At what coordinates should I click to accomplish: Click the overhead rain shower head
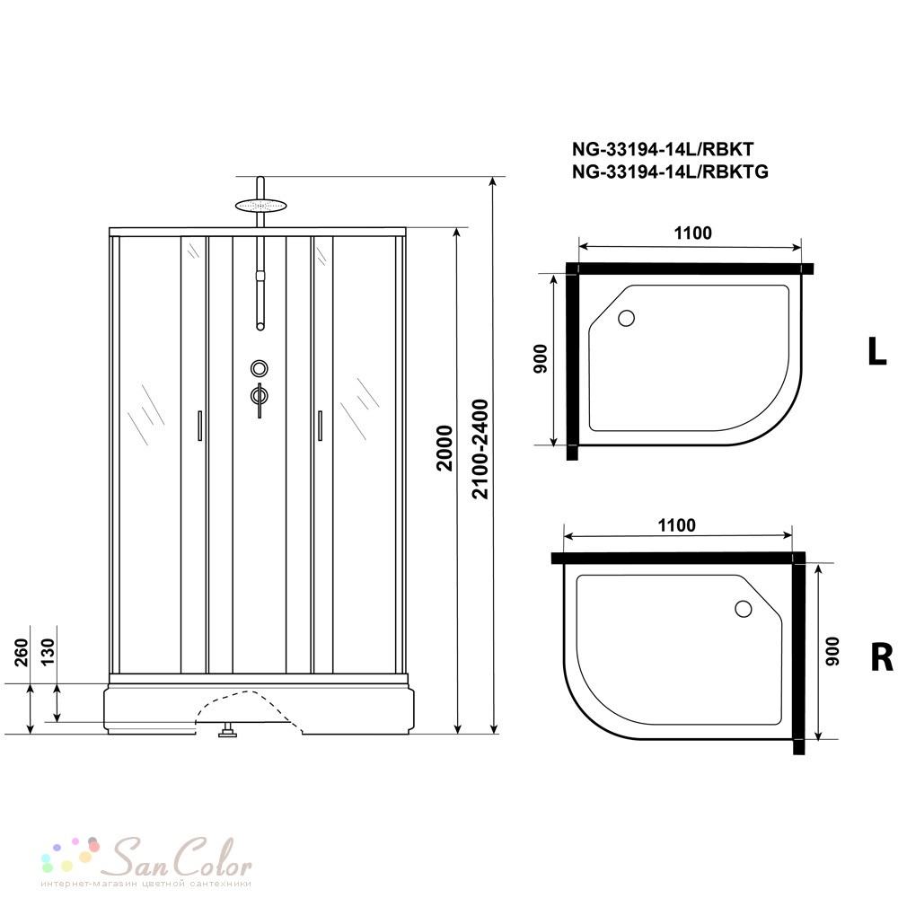point(260,205)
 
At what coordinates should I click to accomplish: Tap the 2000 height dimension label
point(445,448)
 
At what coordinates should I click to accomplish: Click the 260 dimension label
point(22,652)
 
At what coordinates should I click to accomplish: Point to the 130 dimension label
point(48,652)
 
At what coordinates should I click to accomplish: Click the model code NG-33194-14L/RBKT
point(663,149)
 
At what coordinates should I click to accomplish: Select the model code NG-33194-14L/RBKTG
point(670,172)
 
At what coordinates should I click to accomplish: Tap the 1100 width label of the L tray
point(693,233)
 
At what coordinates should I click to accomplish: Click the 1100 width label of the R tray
point(677,525)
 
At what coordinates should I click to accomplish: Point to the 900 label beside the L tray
point(541,359)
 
